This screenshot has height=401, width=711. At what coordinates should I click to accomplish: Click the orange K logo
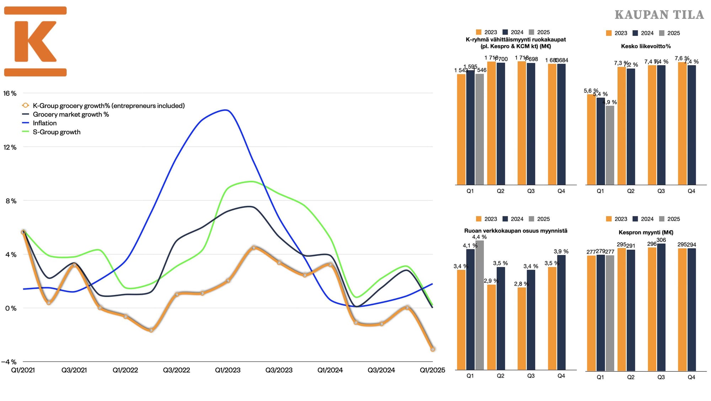pyautogui.click(x=35, y=41)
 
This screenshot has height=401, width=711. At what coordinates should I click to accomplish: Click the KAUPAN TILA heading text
pyautogui.click(x=659, y=15)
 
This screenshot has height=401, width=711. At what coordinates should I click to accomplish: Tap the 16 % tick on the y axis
pyautogui.click(x=10, y=93)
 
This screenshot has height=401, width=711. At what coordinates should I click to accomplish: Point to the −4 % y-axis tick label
pyautogui.click(x=9, y=362)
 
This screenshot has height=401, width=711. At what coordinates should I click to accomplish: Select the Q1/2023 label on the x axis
pyautogui.click(x=228, y=370)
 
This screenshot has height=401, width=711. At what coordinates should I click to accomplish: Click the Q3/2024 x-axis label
pyautogui.click(x=381, y=370)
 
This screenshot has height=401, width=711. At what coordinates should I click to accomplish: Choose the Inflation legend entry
pyautogui.click(x=44, y=123)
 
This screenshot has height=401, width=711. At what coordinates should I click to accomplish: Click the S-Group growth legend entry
pyautogui.click(x=57, y=132)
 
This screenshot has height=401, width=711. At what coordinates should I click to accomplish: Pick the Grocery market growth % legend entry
pyautogui.click(x=71, y=114)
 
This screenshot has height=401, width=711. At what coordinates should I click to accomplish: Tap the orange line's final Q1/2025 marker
pyautogui.click(x=432, y=349)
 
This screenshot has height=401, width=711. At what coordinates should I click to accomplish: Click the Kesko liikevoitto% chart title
pyautogui.click(x=646, y=46)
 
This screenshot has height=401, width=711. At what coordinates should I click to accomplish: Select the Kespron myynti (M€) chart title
pyautogui.click(x=646, y=233)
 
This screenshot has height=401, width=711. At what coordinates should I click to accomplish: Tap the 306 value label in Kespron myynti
pyautogui.click(x=661, y=240)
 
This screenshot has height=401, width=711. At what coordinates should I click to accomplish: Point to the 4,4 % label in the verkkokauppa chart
pyautogui.click(x=479, y=237)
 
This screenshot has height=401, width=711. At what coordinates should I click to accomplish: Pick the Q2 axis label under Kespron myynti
pyautogui.click(x=631, y=377)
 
